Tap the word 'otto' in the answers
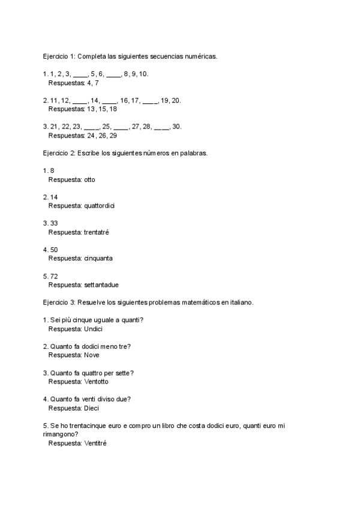pos(89,179)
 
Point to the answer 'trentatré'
pos(96,232)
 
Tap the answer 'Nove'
pos(92,355)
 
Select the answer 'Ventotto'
pos(97,381)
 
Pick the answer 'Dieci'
pos(91,408)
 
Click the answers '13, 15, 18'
pos(102,109)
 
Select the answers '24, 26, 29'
pos(102,136)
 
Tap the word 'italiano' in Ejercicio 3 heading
pos(240,303)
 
